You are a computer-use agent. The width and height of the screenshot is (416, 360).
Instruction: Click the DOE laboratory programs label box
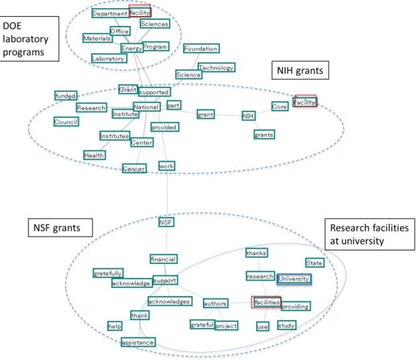(29, 39)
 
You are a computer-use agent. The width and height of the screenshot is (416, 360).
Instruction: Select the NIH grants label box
(300, 70)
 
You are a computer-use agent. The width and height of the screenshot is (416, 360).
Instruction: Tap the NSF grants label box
(60, 228)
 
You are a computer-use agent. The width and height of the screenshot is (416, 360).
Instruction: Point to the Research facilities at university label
(369, 234)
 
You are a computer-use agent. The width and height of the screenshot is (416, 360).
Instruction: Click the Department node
(110, 13)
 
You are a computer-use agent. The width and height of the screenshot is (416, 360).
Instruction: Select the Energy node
(132, 48)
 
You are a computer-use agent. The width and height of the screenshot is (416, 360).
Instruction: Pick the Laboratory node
(109, 58)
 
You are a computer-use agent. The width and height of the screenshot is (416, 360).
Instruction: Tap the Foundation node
(201, 48)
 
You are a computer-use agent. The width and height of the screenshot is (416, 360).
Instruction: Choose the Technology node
(216, 67)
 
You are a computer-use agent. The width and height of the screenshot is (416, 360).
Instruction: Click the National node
(146, 107)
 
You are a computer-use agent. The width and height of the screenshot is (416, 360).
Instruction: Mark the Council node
(66, 122)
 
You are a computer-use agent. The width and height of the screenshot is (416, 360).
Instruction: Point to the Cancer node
(134, 168)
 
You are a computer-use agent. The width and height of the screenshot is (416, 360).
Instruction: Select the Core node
(280, 106)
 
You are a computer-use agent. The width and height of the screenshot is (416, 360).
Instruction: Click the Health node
(94, 155)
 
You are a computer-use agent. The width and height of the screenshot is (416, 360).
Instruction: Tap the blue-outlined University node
(294, 279)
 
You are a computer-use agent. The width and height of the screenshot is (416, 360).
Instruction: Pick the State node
(315, 262)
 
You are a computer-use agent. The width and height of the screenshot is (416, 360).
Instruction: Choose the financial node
(164, 259)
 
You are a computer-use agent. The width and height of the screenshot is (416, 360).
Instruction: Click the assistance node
(138, 342)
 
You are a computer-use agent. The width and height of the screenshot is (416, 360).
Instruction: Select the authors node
(216, 303)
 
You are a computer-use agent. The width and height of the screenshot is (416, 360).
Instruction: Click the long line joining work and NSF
(167, 194)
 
